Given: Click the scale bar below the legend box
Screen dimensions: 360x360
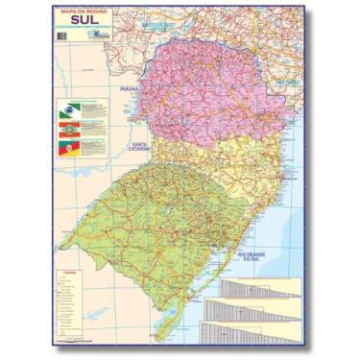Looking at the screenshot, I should pyautogui.click(x=72, y=339).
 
